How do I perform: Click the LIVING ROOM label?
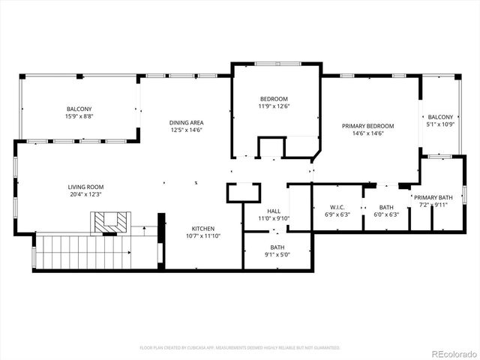[x=85, y=187]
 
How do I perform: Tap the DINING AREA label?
[x=186, y=122]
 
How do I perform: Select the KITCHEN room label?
[x=202, y=229]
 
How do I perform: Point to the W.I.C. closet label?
[x=337, y=207]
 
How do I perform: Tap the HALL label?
[x=274, y=211]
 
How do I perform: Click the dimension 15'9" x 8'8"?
[x=79, y=117]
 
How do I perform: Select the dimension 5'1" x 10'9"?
[x=441, y=124]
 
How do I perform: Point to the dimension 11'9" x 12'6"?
[x=274, y=106]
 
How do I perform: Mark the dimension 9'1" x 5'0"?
[x=277, y=254]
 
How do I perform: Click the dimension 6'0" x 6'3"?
[x=386, y=214]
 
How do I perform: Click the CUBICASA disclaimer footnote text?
[x=240, y=348]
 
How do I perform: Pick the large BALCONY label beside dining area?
[x=79, y=109]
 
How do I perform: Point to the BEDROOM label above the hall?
[x=274, y=99]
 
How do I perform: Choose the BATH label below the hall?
[x=277, y=247]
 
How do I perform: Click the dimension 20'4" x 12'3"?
[x=85, y=194]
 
